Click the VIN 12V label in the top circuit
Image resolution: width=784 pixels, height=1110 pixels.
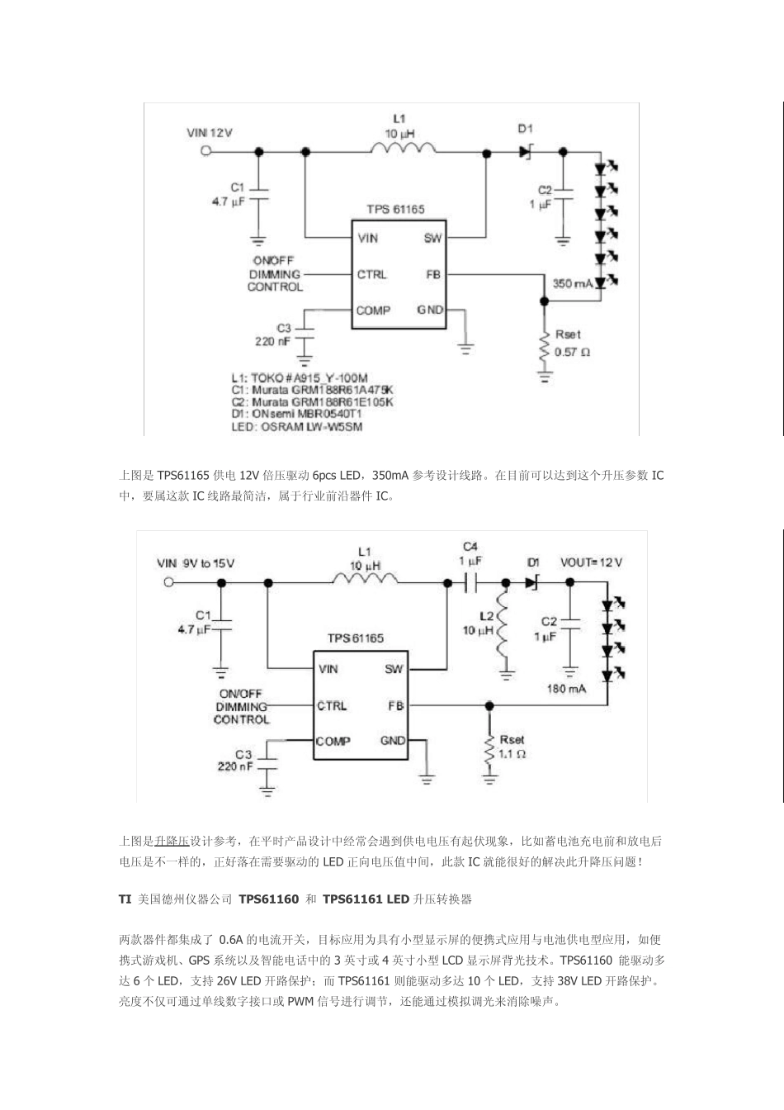(210, 132)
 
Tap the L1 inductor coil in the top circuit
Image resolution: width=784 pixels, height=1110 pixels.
(404, 149)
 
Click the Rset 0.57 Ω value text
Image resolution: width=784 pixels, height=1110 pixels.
(572, 352)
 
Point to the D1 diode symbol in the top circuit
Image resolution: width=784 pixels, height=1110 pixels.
(527, 151)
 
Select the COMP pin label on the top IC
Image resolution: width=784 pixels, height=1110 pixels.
(373, 311)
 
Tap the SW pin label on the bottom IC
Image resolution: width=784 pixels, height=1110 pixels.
(393, 669)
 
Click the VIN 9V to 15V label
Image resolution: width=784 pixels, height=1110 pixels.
(196, 563)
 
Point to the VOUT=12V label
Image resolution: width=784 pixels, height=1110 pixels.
(592, 562)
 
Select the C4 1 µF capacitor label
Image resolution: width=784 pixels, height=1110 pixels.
(470, 553)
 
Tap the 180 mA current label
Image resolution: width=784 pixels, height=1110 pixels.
(566, 688)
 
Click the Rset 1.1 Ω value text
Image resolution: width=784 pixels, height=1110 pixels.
(512, 753)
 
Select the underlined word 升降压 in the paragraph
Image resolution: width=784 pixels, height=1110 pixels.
(172, 842)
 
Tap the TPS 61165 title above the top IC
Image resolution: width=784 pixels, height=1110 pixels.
(396, 210)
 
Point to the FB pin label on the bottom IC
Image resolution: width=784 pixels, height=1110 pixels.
(395, 706)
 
